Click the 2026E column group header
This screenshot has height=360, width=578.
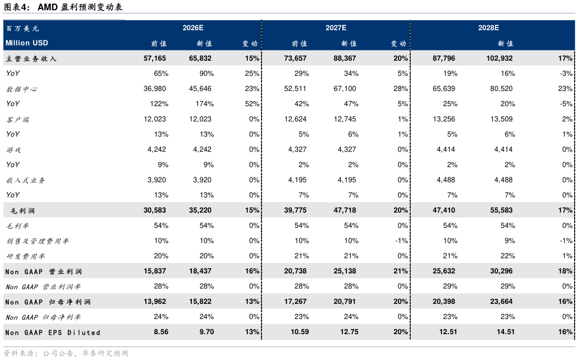[192, 28]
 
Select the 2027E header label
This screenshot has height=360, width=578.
[336, 28]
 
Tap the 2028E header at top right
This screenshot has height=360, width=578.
[488, 28]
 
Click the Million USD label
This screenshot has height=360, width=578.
[27, 43]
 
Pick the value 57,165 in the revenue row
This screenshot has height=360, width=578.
[155, 58]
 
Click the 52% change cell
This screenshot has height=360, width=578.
[252, 104]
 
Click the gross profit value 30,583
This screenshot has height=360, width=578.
[155, 211]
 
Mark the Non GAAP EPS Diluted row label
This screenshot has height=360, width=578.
[53, 332]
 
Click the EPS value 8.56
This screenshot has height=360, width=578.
[161, 332]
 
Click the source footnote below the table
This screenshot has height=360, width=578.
[66, 353]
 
